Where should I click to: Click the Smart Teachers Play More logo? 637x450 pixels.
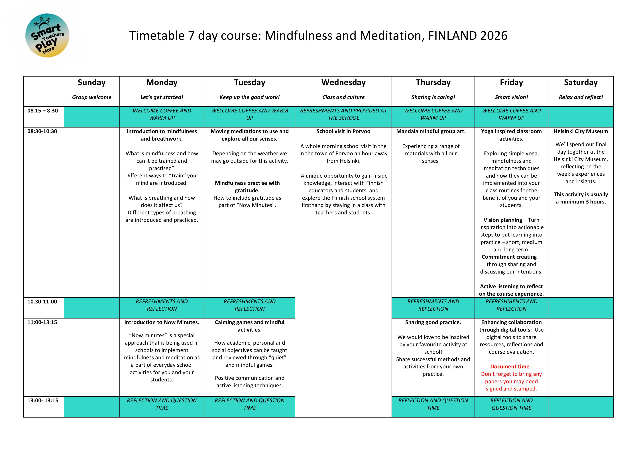[47, 36]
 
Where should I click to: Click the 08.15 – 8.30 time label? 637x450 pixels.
[42, 111]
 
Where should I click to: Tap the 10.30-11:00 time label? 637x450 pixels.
[42, 301]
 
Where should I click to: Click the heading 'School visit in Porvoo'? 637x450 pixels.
[343, 131]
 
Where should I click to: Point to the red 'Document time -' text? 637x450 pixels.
[511, 367]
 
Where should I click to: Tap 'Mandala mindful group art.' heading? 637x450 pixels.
[431, 131]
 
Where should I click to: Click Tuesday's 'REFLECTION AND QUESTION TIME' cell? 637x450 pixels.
[249, 404]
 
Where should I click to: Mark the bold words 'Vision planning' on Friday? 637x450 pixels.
[502, 220]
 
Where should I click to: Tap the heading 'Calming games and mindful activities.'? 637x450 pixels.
[249, 326]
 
